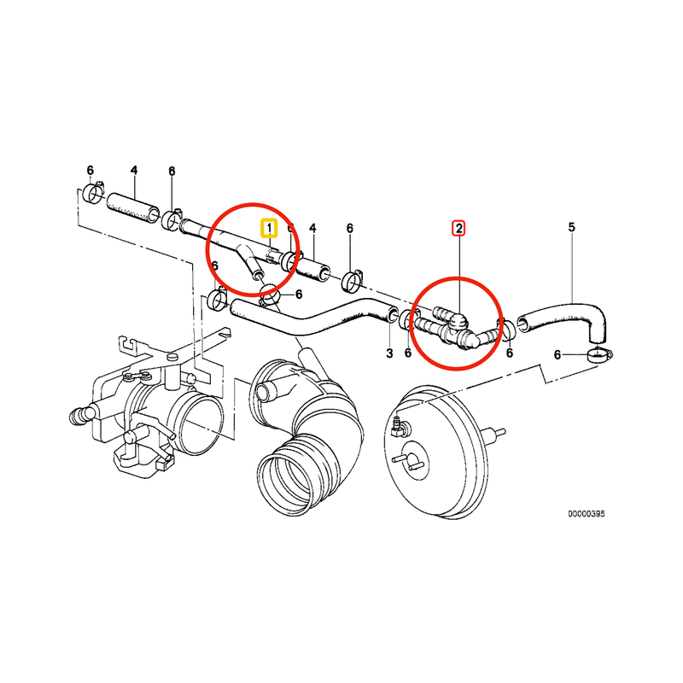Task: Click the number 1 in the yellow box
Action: (270, 228)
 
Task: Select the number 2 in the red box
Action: (459, 228)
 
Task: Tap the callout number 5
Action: (572, 227)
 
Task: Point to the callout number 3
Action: (388, 353)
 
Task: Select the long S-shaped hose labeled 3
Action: (316, 319)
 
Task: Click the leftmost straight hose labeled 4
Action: (133, 206)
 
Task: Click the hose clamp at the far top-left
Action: (95, 198)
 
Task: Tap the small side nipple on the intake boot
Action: (264, 392)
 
